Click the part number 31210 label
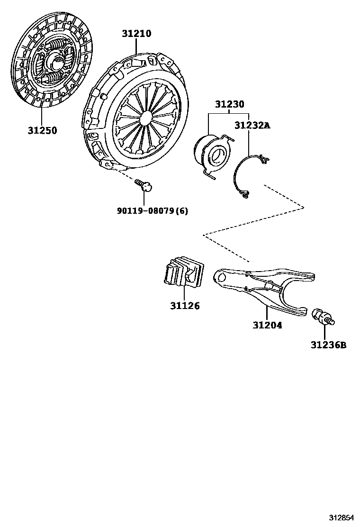point(136,34)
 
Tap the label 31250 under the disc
point(42,130)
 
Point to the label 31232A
point(252,125)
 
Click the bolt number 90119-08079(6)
point(152,210)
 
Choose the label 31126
point(185,306)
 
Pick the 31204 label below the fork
point(267,325)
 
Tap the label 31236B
point(328,345)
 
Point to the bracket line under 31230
point(229,114)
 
